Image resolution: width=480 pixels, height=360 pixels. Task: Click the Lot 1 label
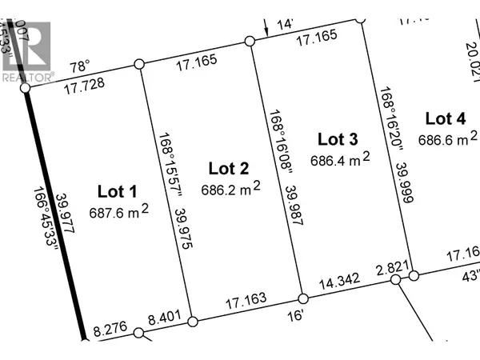point(118,191)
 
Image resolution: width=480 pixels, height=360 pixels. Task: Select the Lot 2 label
point(229,168)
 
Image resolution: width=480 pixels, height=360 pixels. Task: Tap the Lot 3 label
point(337,139)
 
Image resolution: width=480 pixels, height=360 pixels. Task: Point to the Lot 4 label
point(445,119)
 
